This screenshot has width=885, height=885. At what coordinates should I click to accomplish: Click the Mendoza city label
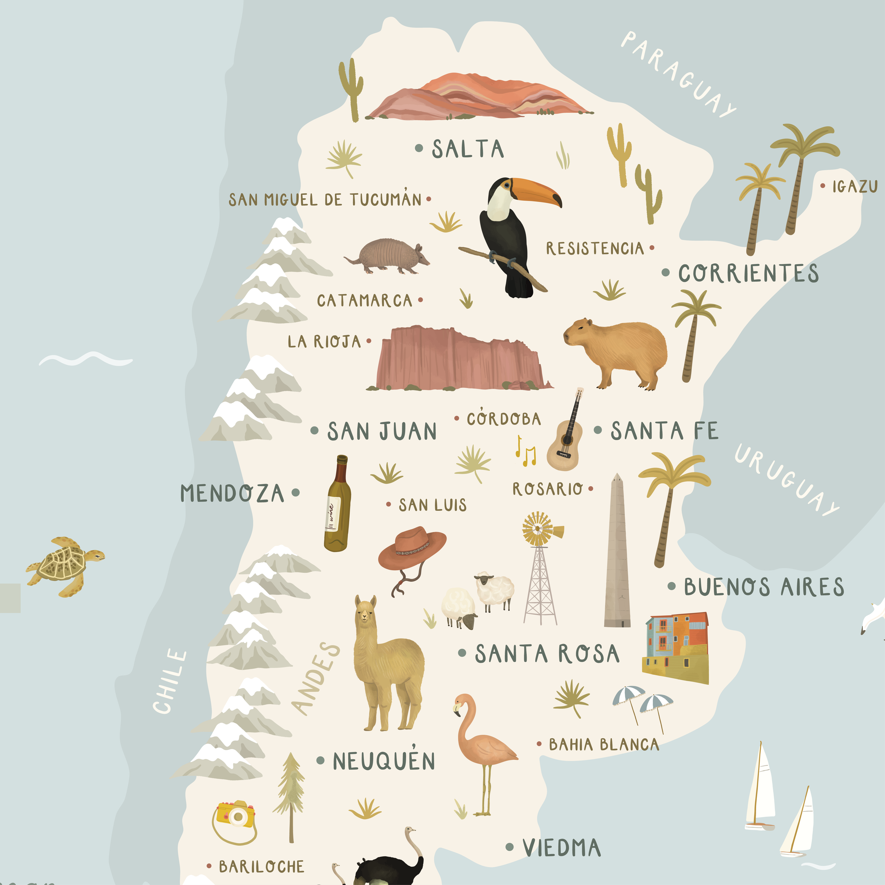[232, 493]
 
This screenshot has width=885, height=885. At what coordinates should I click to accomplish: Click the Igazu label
[854, 187]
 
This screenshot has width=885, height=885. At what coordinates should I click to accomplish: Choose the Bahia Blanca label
[604, 744]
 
